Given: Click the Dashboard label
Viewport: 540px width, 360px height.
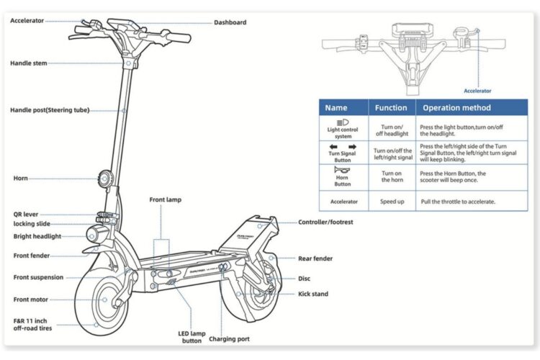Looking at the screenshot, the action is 230,22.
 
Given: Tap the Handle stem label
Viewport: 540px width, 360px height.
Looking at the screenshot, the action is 29,63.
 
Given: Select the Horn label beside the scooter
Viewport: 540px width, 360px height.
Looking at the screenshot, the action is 20,178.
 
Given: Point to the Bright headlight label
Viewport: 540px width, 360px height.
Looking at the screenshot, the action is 37,236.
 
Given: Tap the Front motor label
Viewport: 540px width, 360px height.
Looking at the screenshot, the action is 31,300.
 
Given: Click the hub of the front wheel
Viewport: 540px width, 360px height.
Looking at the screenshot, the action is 104,300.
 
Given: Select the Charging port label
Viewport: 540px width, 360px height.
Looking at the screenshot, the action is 229,339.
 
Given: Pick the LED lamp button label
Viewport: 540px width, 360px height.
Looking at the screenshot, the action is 192,337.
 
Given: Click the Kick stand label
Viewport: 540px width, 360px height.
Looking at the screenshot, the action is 313,294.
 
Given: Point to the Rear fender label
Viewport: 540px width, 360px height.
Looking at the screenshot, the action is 315,258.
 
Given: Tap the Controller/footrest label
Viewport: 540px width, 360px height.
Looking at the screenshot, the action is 325,222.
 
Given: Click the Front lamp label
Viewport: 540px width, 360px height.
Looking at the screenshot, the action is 166,200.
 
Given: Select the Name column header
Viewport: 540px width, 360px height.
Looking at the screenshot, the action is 336,108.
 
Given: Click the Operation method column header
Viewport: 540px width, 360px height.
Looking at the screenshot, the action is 456,108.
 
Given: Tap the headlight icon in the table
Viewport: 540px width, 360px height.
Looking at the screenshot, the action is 343,122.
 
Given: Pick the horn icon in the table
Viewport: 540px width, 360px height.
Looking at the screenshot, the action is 342,169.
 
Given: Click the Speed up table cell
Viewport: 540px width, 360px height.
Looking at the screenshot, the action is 392,202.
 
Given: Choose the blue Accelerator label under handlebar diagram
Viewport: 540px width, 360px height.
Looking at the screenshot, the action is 477,91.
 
